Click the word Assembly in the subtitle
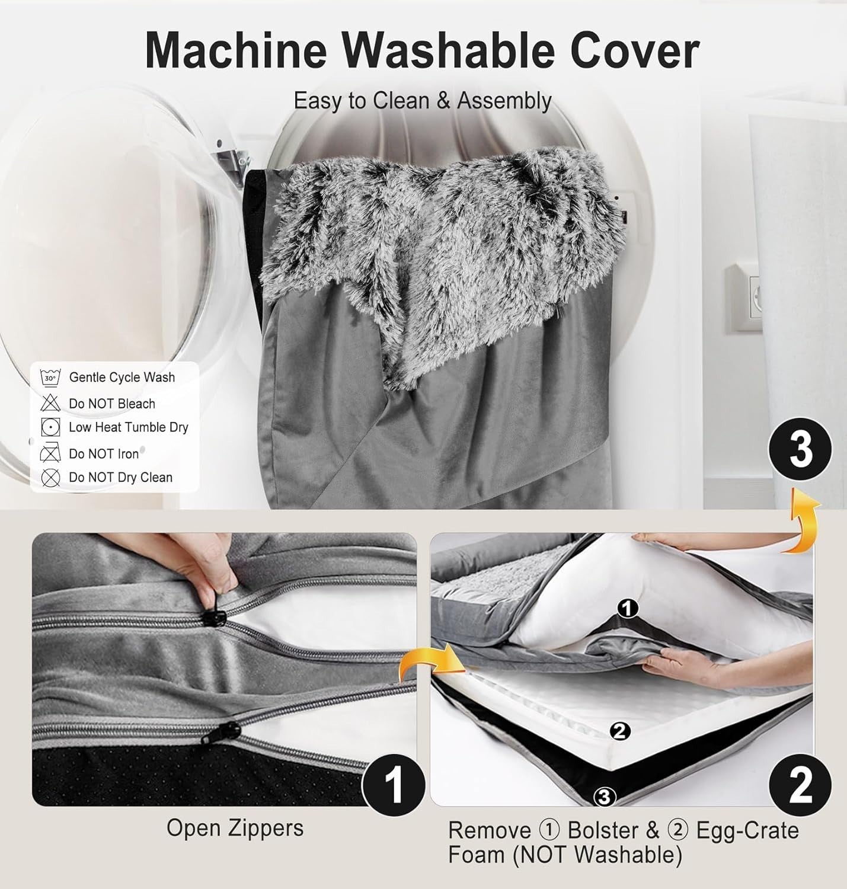coord(504,101)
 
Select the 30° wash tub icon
coord(50,378)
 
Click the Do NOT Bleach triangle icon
coord(50,402)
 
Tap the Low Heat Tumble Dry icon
coord(50,427)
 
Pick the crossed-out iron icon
coord(50,453)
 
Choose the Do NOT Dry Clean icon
coord(50,478)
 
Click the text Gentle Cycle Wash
coord(122,377)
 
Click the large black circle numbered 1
coord(394,785)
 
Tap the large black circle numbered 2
coord(800,785)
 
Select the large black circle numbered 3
coord(800,449)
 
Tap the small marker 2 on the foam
coord(620,731)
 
